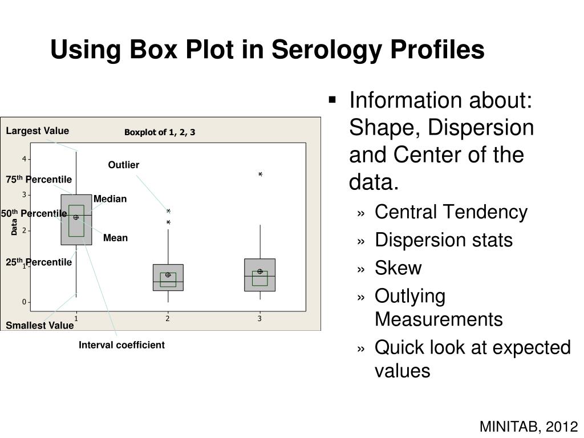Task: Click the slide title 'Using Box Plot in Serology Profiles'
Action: [x=267, y=50]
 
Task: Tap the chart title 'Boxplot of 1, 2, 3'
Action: [x=160, y=132]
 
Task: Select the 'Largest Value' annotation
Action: [x=38, y=131]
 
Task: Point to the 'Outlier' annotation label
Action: [x=124, y=165]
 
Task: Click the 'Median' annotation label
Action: [x=110, y=199]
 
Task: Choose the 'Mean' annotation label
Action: [x=115, y=238]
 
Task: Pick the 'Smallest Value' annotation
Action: [x=40, y=326]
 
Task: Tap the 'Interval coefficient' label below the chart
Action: [x=121, y=345]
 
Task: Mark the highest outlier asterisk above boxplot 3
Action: [x=260, y=175]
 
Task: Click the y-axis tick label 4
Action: [x=24, y=159]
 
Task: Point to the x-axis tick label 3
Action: [x=259, y=319]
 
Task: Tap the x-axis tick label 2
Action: [x=168, y=319]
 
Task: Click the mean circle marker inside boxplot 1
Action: [x=76, y=217]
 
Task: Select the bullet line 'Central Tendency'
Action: [x=451, y=212]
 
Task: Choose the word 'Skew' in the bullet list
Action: [x=398, y=268]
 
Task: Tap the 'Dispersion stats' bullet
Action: [x=444, y=240]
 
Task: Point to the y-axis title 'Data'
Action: [x=14, y=228]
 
